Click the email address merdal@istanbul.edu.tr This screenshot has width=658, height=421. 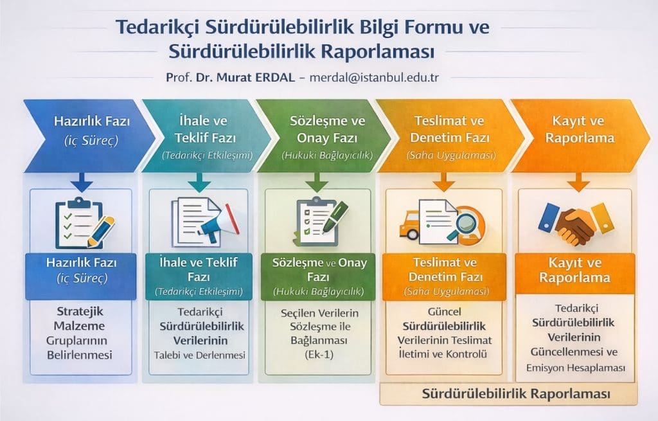(374, 76)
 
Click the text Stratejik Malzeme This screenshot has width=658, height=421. (80, 318)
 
